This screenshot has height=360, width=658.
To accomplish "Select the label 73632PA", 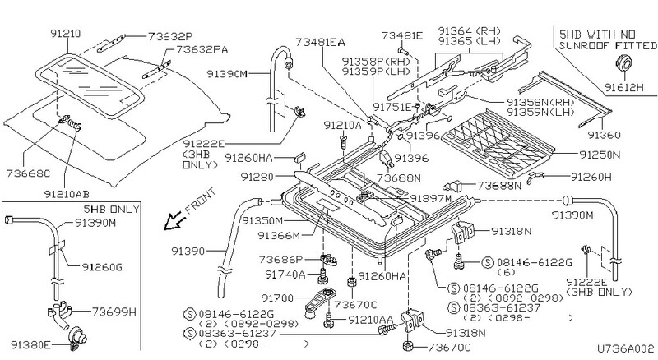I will pos(194,50).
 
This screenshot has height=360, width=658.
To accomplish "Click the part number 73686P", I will pos(282,259).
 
